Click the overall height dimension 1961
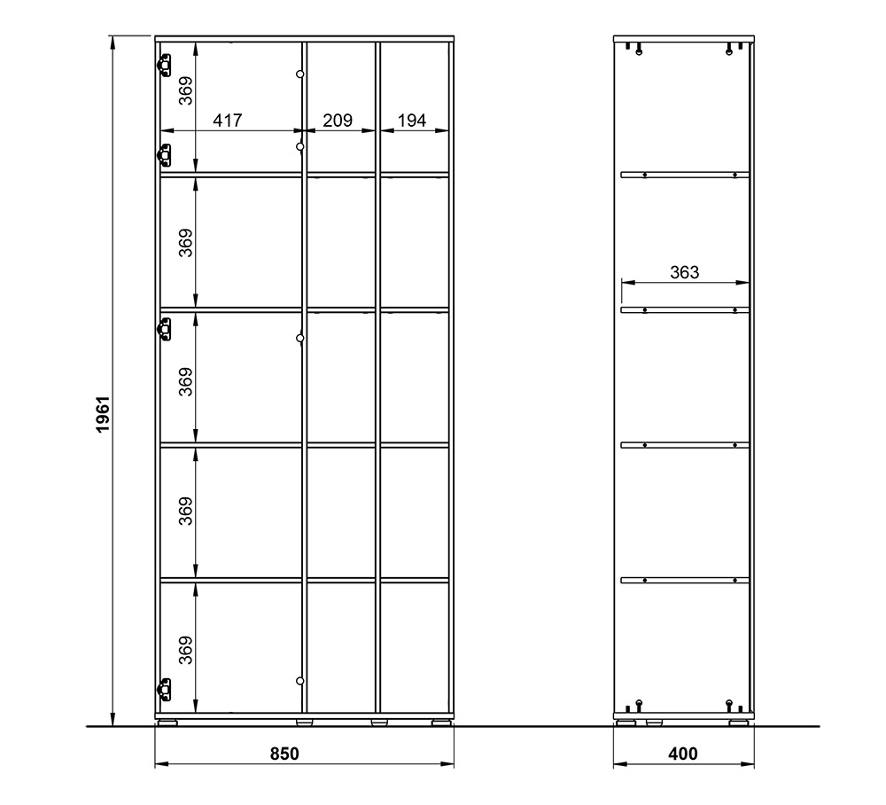(x=103, y=414)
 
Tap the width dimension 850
(x=284, y=754)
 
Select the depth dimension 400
(x=683, y=754)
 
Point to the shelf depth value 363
(x=685, y=272)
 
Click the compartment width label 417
(x=227, y=121)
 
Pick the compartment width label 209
(x=338, y=121)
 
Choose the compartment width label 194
(x=412, y=121)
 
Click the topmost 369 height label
(x=186, y=91)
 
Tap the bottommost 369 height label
(x=186, y=650)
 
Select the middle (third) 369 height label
(x=186, y=381)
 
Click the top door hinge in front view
(x=163, y=65)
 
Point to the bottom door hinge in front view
(x=163, y=689)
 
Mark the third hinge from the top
(x=163, y=330)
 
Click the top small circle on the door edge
(x=300, y=74)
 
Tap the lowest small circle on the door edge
(x=300, y=681)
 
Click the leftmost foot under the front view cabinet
(x=167, y=723)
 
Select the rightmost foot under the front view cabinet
(x=441, y=723)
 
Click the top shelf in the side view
(x=685, y=176)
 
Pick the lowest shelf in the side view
(x=685, y=580)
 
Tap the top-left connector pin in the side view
(x=639, y=50)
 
